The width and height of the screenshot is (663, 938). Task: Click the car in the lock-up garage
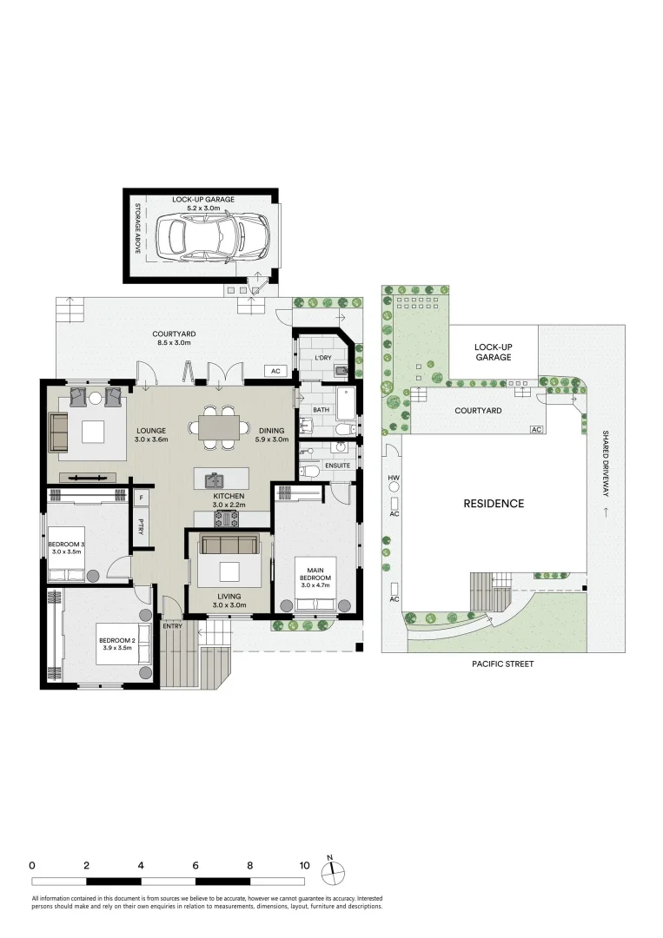[x=212, y=236]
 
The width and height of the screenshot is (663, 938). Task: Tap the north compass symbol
[x=334, y=872]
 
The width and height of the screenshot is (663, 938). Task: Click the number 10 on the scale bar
[x=305, y=866]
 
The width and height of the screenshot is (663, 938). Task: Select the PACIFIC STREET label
[x=502, y=664]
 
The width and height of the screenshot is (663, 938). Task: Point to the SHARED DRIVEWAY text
[x=606, y=464]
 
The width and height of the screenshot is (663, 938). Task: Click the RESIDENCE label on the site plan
[x=494, y=504]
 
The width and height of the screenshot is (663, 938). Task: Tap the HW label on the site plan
[x=394, y=478]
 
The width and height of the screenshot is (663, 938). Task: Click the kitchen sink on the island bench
[x=214, y=479]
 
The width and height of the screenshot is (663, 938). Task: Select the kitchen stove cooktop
[x=227, y=519]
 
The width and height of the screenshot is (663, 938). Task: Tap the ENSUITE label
[x=337, y=466]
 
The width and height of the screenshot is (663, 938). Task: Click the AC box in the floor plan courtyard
[x=275, y=372]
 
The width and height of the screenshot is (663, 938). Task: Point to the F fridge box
[x=142, y=497]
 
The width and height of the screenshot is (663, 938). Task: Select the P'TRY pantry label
[x=141, y=526]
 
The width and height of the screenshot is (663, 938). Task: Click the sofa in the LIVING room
[x=229, y=545]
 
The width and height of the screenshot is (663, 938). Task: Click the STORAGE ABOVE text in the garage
[x=137, y=228]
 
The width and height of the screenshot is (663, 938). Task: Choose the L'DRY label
[x=322, y=359]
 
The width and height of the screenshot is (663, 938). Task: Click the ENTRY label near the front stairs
[x=173, y=626]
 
